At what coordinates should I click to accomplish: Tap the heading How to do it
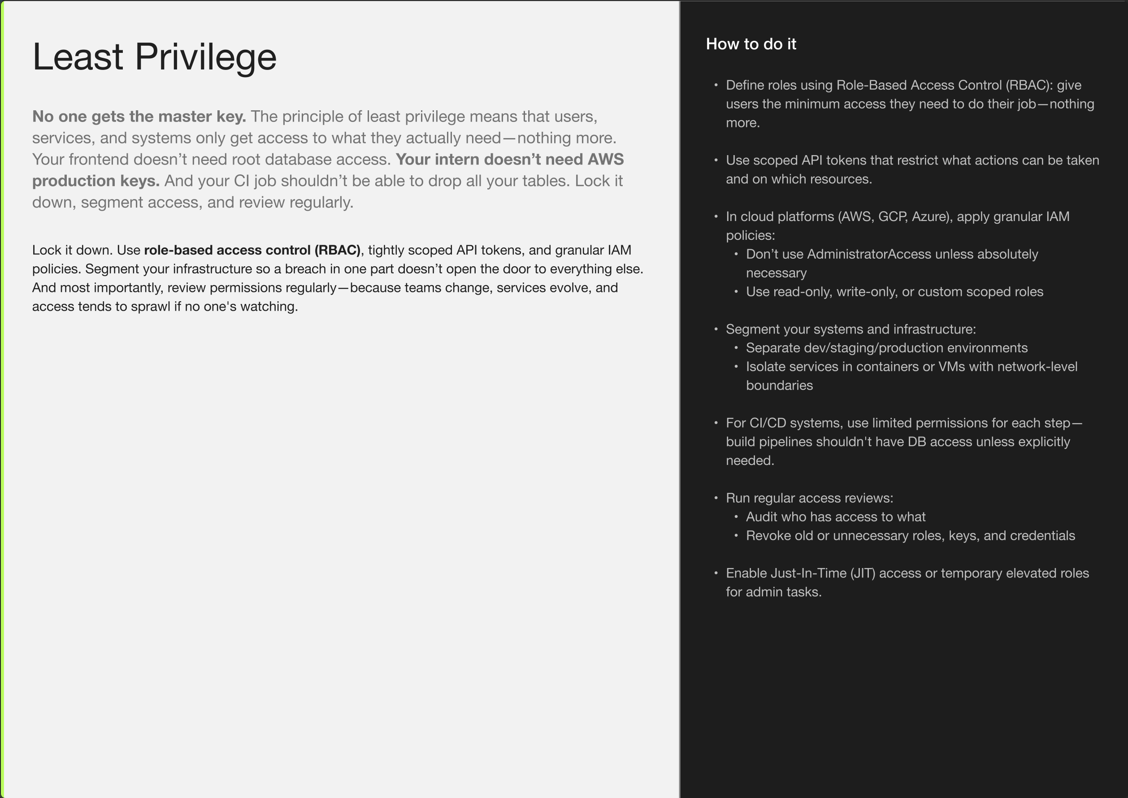pyautogui.click(x=751, y=44)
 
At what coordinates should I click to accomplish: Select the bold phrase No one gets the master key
pyautogui.click(x=139, y=117)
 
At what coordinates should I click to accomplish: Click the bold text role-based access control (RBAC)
pyautogui.click(x=252, y=250)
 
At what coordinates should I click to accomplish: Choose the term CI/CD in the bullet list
pyautogui.click(x=768, y=423)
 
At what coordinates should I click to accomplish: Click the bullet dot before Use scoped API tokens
pyautogui.click(x=716, y=160)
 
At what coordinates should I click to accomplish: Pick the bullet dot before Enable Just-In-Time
pyautogui.click(x=716, y=573)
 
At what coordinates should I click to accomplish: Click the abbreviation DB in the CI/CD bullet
pyautogui.click(x=917, y=442)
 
